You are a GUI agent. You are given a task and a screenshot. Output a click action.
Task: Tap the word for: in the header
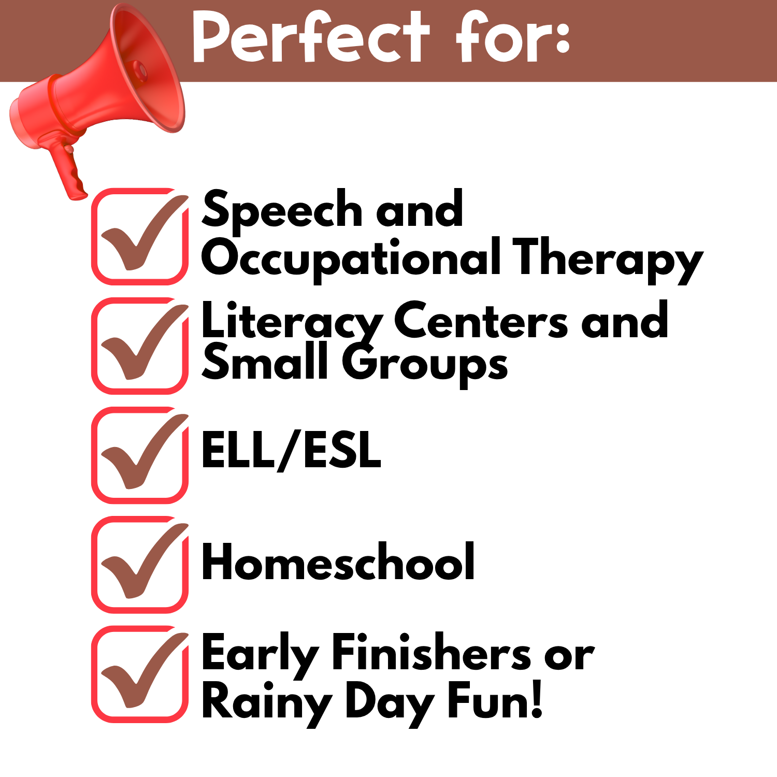[x=513, y=37]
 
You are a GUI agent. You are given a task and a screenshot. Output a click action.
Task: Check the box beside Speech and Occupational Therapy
[x=140, y=236]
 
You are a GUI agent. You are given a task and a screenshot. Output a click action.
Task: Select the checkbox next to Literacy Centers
[x=140, y=346]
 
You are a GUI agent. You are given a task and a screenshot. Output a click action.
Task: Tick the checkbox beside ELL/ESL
[x=140, y=455]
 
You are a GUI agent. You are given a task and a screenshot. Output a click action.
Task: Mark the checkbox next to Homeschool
[x=140, y=565]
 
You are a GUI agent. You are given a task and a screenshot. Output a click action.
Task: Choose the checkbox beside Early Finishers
[x=140, y=674]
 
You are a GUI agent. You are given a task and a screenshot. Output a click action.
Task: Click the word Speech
[x=282, y=210]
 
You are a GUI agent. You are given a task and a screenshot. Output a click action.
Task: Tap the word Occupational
[x=351, y=259]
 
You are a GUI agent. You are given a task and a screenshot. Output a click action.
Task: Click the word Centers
[x=481, y=321]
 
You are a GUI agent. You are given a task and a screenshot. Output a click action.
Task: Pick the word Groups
[x=424, y=365]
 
